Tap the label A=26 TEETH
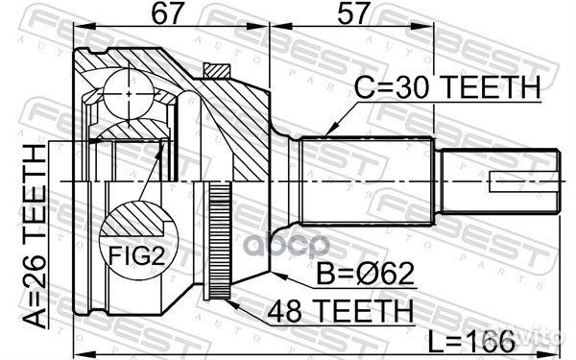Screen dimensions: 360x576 (36, 231)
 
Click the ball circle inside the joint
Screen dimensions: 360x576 (127, 95)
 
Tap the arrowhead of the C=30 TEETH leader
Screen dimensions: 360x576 (328, 132)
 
